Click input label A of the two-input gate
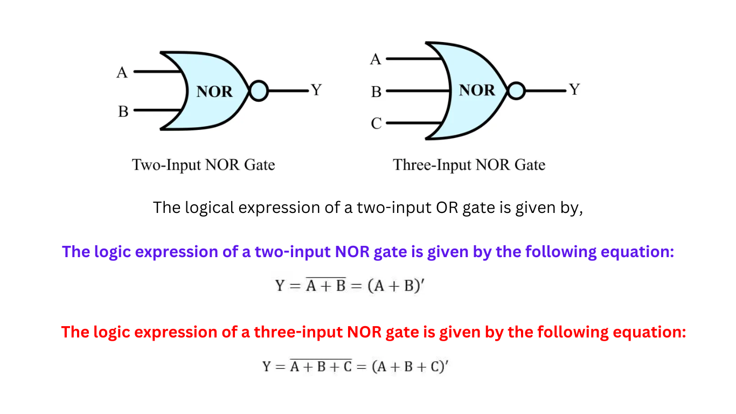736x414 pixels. (x=122, y=72)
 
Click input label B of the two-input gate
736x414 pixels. (x=123, y=112)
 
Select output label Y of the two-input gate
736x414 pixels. (x=316, y=90)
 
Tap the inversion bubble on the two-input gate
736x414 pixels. (x=259, y=91)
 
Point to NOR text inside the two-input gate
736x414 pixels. (x=214, y=92)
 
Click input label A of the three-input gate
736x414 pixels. (x=376, y=59)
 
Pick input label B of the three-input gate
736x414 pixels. (x=376, y=92)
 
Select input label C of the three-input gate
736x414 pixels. (x=376, y=124)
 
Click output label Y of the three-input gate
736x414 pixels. (x=574, y=89)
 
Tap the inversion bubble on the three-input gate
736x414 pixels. (x=516, y=91)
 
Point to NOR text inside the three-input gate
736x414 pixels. (x=477, y=90)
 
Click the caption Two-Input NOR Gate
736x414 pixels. (x=204, y=165)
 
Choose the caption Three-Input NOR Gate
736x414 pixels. (x=469, y=165)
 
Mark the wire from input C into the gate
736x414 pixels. (x=415, y=123)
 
